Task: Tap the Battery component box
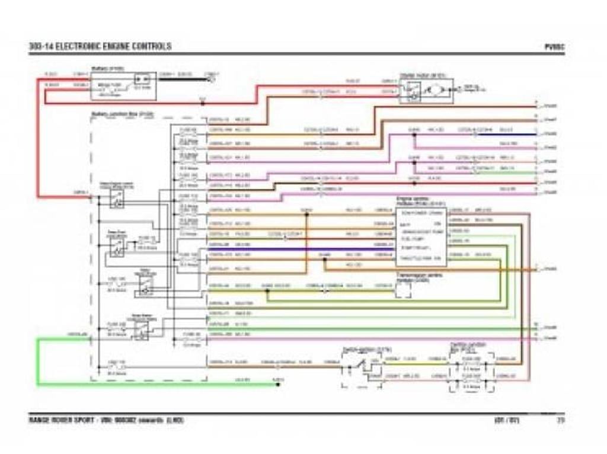point(124,86)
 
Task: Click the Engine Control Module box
point(421,236)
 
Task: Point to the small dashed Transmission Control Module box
point(403,290)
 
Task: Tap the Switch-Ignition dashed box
point(360,369)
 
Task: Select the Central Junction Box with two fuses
point(471,371)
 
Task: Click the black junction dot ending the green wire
point(277,384)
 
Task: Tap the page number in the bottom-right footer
point(560,421)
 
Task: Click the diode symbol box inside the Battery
point(142,79)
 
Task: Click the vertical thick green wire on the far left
point(37,362)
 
